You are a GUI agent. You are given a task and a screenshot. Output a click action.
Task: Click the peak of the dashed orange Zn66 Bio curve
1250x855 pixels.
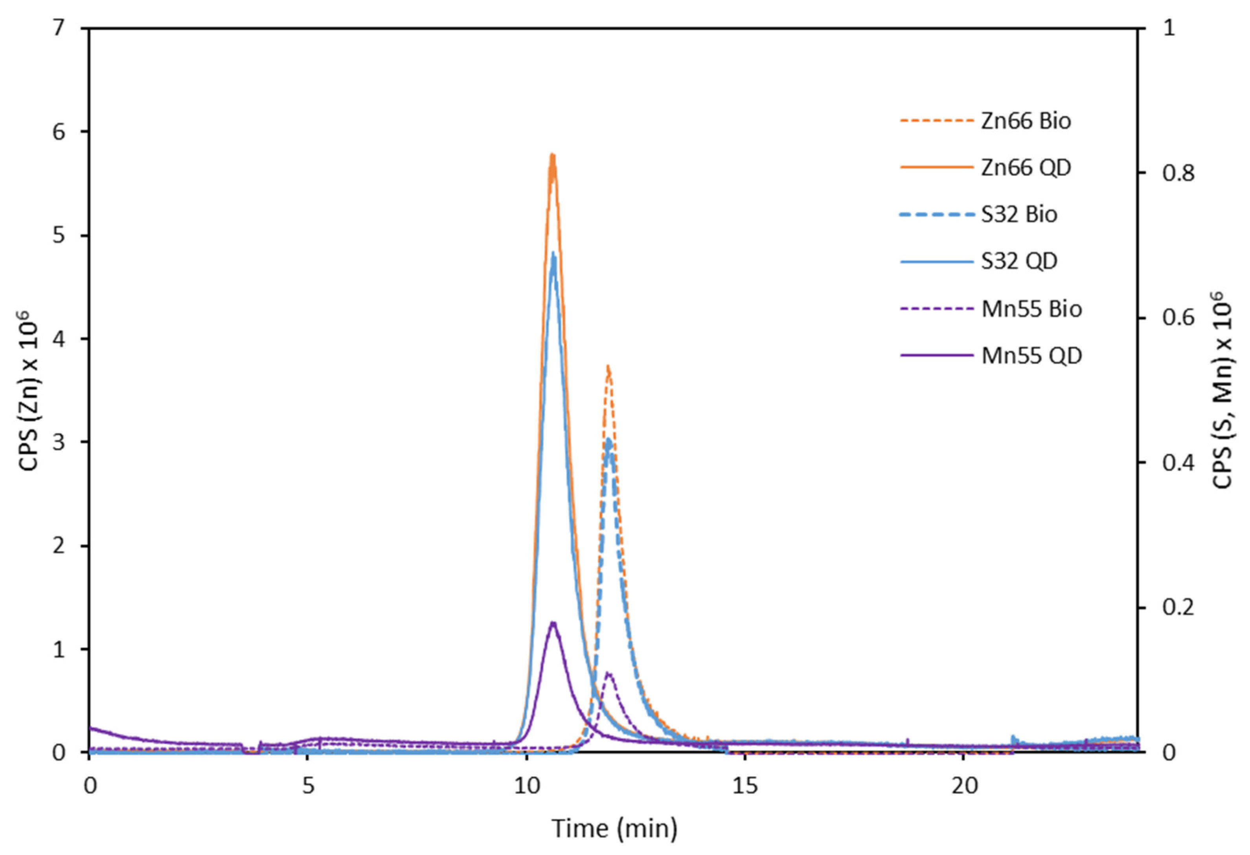click(608, 367)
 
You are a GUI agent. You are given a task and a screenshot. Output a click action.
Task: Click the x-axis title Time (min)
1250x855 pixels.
click(614, 828)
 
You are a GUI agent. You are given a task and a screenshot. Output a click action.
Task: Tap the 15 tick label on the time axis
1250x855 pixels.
click(745, 786)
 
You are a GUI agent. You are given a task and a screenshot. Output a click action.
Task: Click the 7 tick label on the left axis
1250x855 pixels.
click(59, 28)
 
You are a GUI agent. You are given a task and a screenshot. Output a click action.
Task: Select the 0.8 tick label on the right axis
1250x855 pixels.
click(1173, 173)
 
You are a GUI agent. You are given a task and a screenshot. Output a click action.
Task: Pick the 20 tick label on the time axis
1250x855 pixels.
click(963, 786)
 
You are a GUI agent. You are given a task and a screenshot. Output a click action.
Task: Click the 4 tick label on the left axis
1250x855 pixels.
click(59, 339)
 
